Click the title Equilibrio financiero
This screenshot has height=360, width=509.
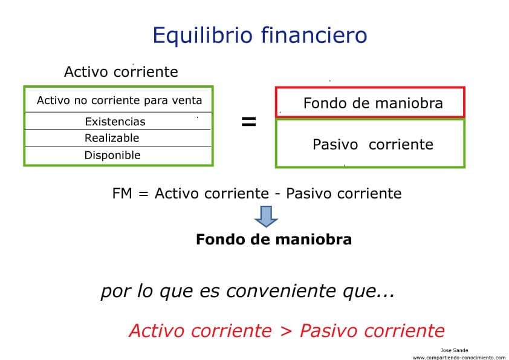[260, 36]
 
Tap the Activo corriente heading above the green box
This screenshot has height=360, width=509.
[121, 71]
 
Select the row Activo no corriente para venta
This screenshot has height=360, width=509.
[119, 100]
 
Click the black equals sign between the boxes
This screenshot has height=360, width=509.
[248, 122]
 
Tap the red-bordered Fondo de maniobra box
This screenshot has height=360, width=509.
[370, 103]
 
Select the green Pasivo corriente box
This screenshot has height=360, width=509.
[370, 143]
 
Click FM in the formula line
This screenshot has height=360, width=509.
[122, 194]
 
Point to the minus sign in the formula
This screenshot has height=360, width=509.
[277, 195]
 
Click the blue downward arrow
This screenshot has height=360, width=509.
[266, 217]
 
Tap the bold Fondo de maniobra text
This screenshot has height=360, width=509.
[274, 240]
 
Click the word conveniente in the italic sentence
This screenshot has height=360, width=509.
[281, 291]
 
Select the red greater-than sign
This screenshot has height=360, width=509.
[286, 331]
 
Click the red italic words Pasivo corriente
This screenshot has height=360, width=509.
[372, 331]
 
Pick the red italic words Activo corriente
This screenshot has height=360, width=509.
[200, 331]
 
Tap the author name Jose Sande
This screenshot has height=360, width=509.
[454, 350]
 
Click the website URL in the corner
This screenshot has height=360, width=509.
[459, 358]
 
